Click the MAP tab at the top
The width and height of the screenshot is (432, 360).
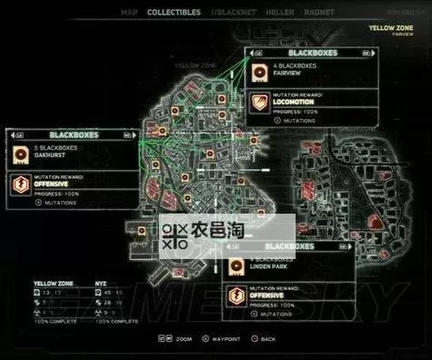click(x=129, y=12)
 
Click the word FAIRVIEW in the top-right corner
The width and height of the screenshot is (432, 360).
click(x=402, y=35)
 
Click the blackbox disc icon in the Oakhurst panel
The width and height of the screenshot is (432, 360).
click(x=19, y=151)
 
